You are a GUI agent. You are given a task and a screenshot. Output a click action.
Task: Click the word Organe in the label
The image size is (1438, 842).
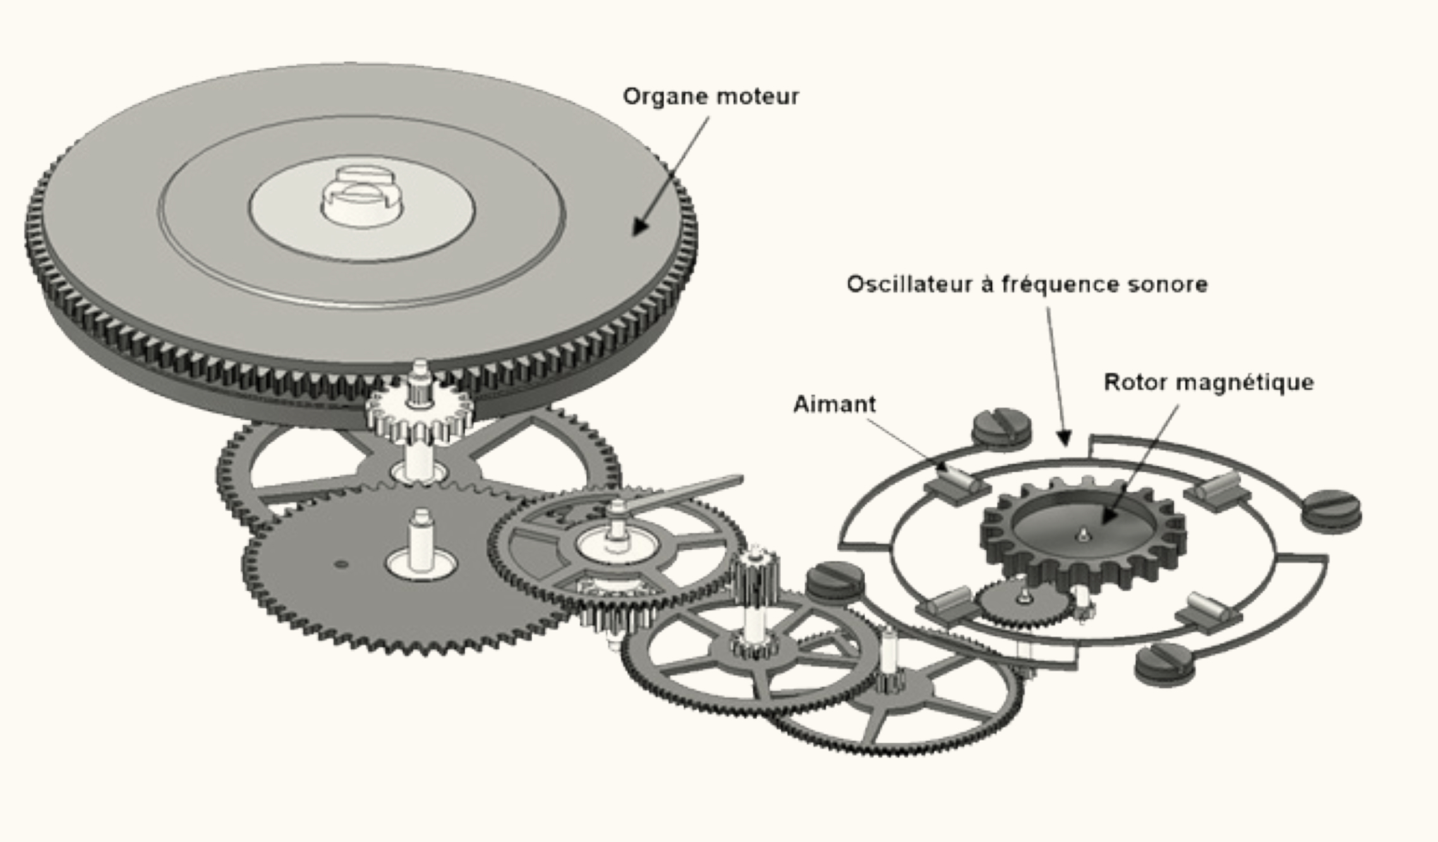pyautogui.click(x=661, y=97)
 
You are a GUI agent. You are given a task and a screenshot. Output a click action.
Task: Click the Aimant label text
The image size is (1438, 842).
pyautogui.click(x=834, y=404)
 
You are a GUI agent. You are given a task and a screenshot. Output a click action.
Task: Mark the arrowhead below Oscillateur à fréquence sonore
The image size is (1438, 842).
pyautogui.click(x=1065, y=437)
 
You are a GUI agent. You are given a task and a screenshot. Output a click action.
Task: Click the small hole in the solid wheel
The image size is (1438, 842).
pyautogui.click(x=341, y=563)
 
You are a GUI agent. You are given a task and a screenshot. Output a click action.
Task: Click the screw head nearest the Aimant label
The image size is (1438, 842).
pyautogui.click(x=1001, y=427)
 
